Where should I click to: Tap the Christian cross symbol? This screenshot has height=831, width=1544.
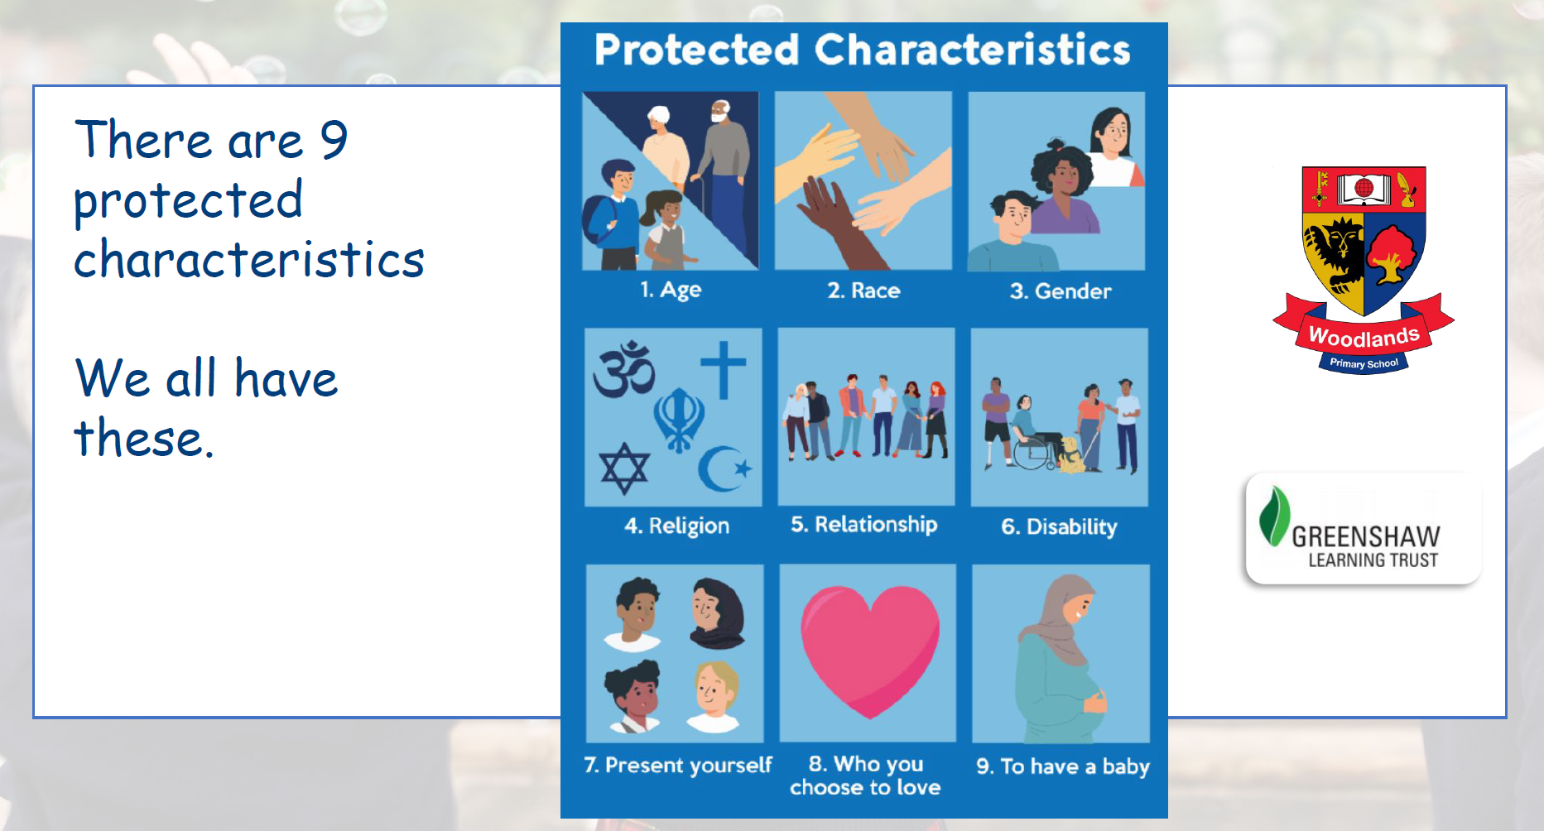(x=724, y=367)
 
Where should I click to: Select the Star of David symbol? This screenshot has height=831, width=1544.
(x=624, y=468)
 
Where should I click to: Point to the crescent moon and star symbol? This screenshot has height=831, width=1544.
(x=724, y=468)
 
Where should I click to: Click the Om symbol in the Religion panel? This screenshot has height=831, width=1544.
(x=624, y=369)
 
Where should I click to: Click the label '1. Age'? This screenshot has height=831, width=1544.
(x=671, y=290)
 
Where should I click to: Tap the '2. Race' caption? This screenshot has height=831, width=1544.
(x=863, y=291)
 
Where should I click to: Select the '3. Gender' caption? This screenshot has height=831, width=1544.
(x=1061, y=291)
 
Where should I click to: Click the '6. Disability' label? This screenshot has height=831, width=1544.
(x=1059, y=527)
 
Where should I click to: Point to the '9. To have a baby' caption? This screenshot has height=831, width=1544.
(x=1063, y=766)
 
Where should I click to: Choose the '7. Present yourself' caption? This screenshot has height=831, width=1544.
(x=678, y=765)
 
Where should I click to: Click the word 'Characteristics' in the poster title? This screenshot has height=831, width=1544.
(x=973, y=50)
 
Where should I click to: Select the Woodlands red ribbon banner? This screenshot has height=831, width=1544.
(x=1364, y=334)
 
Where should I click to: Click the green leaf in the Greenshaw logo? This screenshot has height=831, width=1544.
(x=1274, y=516)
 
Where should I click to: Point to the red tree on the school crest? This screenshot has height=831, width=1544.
(x=1392, y=254)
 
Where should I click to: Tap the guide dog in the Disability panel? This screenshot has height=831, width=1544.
(x=1070, y=456)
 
